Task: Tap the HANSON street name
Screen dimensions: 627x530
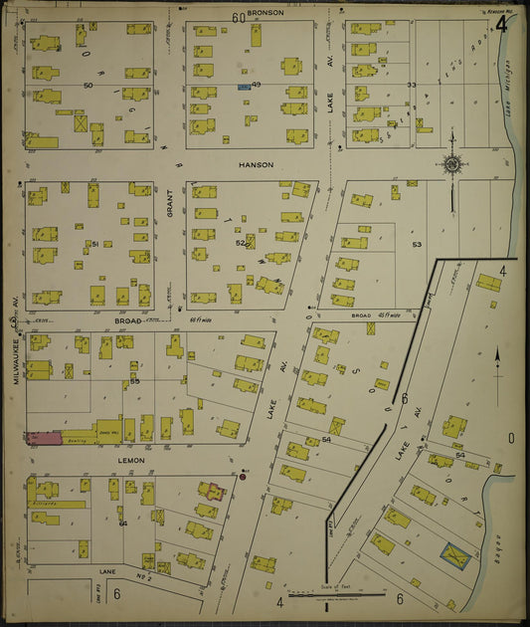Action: tap(255, 164)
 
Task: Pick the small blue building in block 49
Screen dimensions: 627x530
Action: tap(243, 88)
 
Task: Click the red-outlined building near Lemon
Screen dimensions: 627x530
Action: tap(212, 491)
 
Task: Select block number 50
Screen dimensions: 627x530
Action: tap(88, 87)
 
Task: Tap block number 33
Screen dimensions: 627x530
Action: tap(411, 86)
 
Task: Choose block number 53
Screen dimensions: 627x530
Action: tap(417, 244)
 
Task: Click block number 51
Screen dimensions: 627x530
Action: tap(94, 243)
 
